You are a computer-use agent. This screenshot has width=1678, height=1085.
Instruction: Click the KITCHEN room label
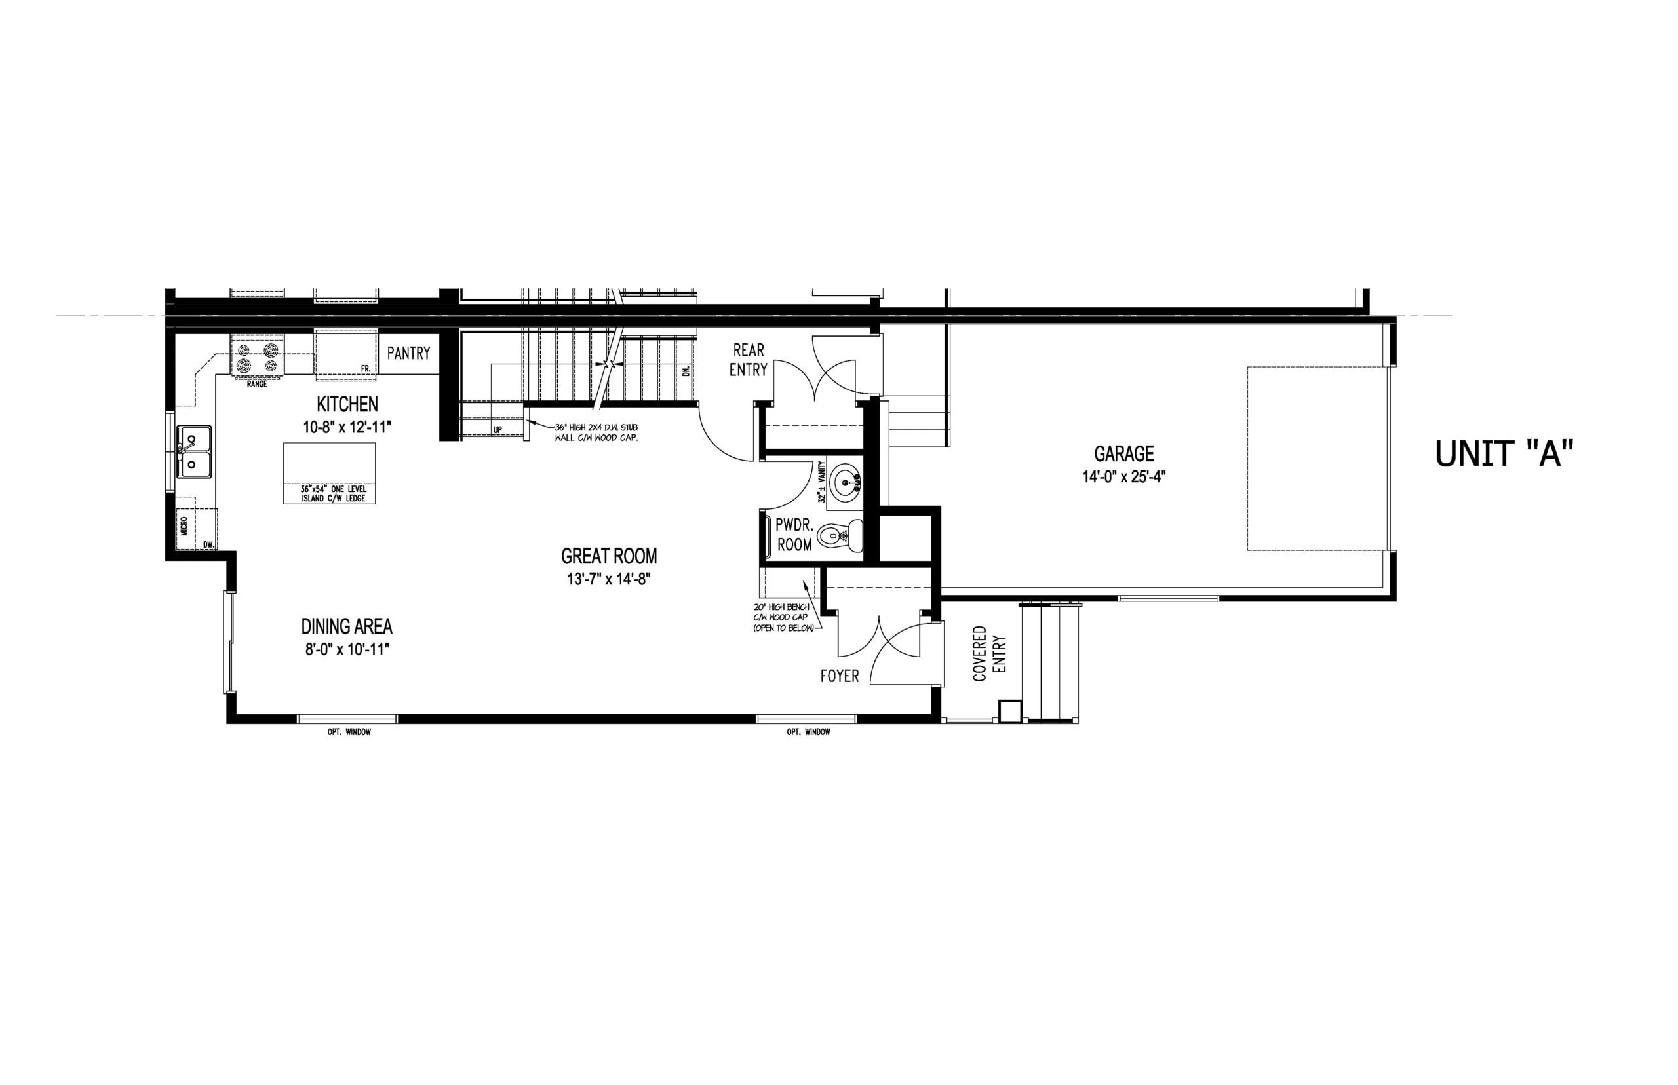point(347,404)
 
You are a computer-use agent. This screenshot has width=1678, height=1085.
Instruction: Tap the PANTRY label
point(409,353)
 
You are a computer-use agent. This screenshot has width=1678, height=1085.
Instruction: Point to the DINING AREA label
point(347,626)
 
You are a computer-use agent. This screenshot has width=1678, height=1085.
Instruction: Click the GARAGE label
point(1124,453)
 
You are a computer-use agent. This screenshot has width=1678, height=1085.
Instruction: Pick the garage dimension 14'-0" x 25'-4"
point(1124,476)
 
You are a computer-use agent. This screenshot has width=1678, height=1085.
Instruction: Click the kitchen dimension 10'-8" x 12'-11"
point(347,427)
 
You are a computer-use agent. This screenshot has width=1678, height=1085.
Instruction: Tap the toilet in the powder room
point(841,536)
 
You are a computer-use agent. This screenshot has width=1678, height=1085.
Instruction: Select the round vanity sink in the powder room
point(845,482)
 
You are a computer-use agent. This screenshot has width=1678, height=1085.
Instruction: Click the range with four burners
point(257,357)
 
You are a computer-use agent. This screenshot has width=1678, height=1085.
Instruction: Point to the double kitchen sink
point(195,451)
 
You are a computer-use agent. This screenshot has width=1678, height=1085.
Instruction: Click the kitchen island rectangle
point(329,473)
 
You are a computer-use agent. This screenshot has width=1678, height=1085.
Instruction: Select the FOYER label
point(840,676)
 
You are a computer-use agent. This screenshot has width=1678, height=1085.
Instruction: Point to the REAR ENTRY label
point(749,359)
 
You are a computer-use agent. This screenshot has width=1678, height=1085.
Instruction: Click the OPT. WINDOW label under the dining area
point(349,732)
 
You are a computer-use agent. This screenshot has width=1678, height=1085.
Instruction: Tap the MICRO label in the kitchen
point(184,525)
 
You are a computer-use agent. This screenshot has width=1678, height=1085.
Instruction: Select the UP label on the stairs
point(498,429)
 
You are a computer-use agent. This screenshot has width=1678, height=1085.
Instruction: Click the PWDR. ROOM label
point(794,535)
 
